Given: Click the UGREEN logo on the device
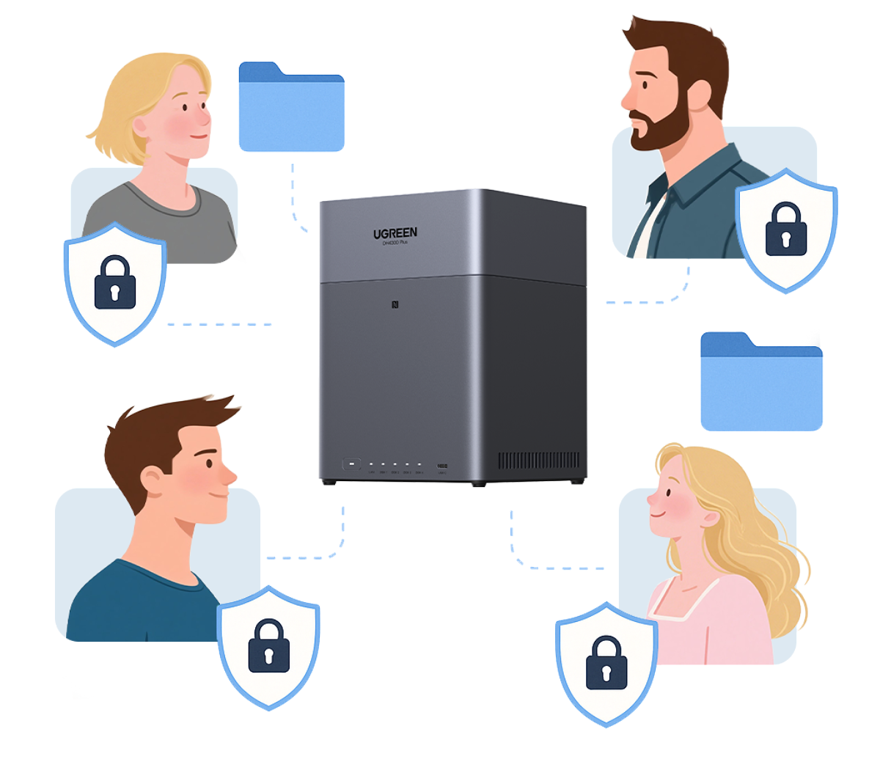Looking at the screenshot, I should (395, 233).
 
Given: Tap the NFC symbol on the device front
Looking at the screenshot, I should (396, 304).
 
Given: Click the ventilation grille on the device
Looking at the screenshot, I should (538, 461).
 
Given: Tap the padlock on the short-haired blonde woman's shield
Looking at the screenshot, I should (115, 282).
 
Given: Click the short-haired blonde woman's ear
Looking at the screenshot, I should (141, 127).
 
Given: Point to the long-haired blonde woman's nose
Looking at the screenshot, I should (650, 499).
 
